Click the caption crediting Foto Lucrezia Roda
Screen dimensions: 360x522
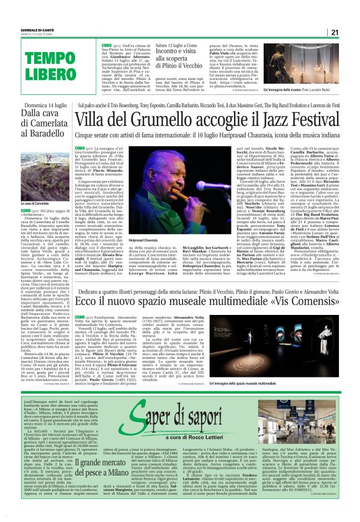click(309, 91)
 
